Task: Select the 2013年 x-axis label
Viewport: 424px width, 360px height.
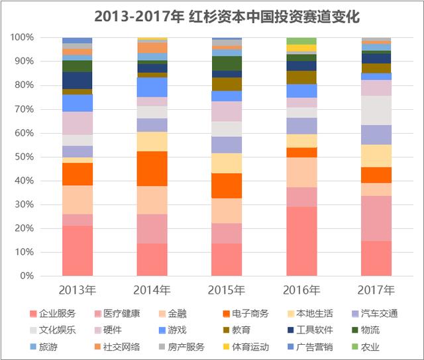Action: [x=78, y=290]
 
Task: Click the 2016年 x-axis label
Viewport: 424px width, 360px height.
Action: [x=301, y=290]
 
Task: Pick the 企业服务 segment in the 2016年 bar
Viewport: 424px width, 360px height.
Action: [x=301, y=241]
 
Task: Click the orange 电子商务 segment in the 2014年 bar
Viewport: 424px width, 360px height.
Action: [x=152, y=168]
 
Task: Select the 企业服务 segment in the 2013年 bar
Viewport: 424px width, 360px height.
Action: [x=78, y=250]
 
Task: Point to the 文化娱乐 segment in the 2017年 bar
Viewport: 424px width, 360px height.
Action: [x=376, y=110]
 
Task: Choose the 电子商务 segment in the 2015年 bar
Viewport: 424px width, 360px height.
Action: [x=227, y=185]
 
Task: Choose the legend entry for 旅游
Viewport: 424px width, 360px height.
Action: [x=49, y=346]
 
